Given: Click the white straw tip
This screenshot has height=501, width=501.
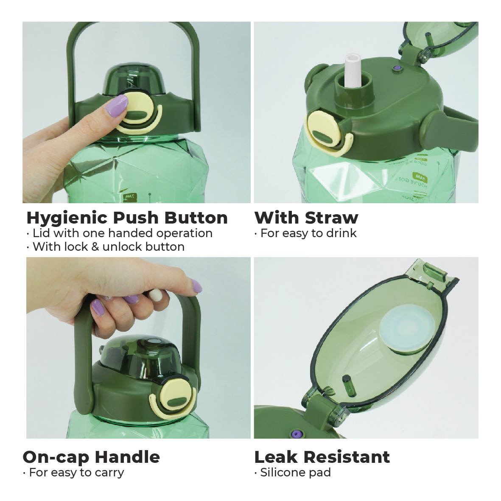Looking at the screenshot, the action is [x=353, y=70].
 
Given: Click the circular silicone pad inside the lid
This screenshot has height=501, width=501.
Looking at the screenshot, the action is [x=407, y=331].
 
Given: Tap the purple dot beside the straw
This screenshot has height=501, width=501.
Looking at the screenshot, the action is [x=397, y=68].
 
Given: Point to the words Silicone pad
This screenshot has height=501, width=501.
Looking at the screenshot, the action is [x=296, y=472].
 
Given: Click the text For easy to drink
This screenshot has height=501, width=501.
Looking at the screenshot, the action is [x=309, y=233].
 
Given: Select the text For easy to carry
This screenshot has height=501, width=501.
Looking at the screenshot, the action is [x=77, y=472].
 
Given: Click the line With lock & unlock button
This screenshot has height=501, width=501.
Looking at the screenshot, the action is [x=109, y=246].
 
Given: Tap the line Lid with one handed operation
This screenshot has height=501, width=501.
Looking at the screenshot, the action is [x=123, y=233].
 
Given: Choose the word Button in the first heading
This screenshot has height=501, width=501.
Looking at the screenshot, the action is [x=196, y=218].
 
